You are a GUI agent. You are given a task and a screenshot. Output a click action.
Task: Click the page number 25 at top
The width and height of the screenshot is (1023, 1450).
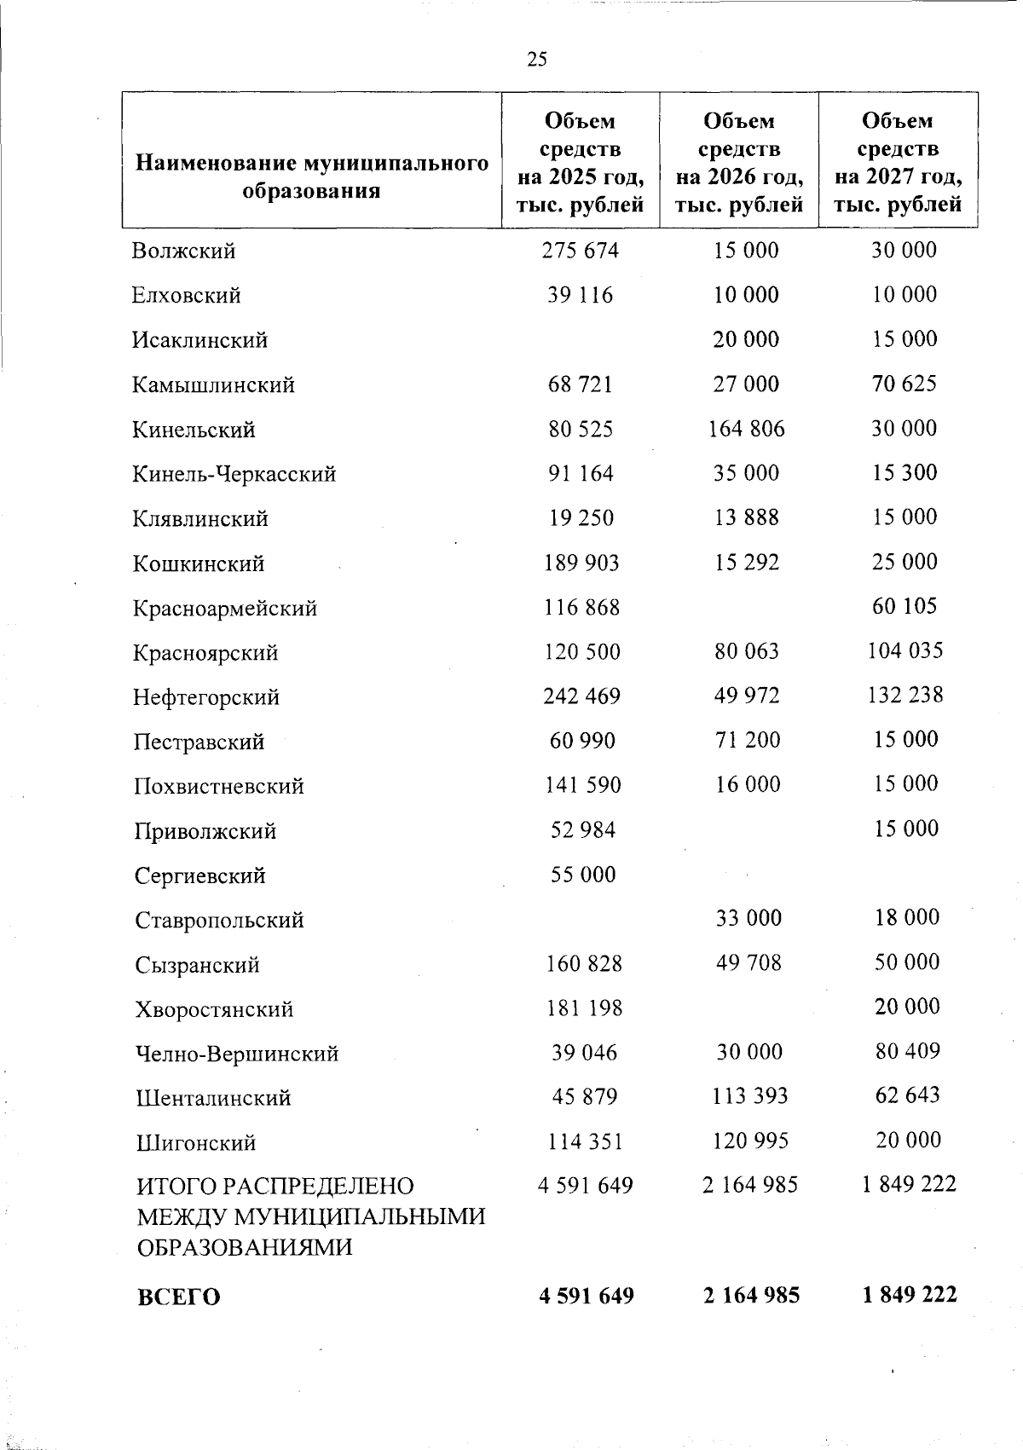click(537, 59)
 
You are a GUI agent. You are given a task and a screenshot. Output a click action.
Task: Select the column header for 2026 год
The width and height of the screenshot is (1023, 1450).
click(739, 163)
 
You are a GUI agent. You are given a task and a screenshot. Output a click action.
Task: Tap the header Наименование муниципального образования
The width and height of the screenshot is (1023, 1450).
click(311, 176)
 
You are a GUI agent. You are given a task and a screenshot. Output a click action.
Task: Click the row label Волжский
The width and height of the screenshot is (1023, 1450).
click(184, 251)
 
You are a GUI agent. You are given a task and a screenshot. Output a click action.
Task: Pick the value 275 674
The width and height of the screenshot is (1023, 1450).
click(581, 251)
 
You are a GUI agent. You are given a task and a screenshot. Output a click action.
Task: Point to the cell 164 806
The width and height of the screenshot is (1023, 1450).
click(746, 429)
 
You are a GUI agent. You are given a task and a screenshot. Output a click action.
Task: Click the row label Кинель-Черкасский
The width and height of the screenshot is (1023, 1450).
click(234, 474)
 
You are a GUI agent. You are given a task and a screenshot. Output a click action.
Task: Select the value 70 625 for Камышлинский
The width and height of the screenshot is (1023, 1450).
click(904, 384)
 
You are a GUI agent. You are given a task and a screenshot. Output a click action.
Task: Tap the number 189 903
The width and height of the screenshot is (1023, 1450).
click(581, 563)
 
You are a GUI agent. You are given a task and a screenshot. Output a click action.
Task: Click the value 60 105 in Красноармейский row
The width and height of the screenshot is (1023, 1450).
click(905, 607)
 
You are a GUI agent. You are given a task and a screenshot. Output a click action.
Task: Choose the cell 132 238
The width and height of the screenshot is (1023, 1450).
click(905, 696)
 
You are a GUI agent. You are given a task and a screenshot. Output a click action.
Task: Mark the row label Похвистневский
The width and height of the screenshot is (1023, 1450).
click(219, 786)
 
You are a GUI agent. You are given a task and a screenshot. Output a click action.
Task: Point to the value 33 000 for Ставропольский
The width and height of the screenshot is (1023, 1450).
click(748, 918)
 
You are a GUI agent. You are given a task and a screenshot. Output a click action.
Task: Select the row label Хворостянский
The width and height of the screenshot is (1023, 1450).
click(214, 1009)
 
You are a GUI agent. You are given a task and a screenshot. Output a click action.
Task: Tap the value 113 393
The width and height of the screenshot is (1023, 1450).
click(749, 1096)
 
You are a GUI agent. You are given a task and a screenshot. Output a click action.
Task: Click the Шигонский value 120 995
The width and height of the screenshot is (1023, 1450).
click(749, 1141)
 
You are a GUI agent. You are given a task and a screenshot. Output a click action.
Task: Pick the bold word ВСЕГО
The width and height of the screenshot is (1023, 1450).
click(178, 1297)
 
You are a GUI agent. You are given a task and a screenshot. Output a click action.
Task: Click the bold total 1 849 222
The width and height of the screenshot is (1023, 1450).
click(909, 1296)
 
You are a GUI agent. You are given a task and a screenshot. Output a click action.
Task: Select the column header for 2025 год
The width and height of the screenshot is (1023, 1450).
click(581, 163)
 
